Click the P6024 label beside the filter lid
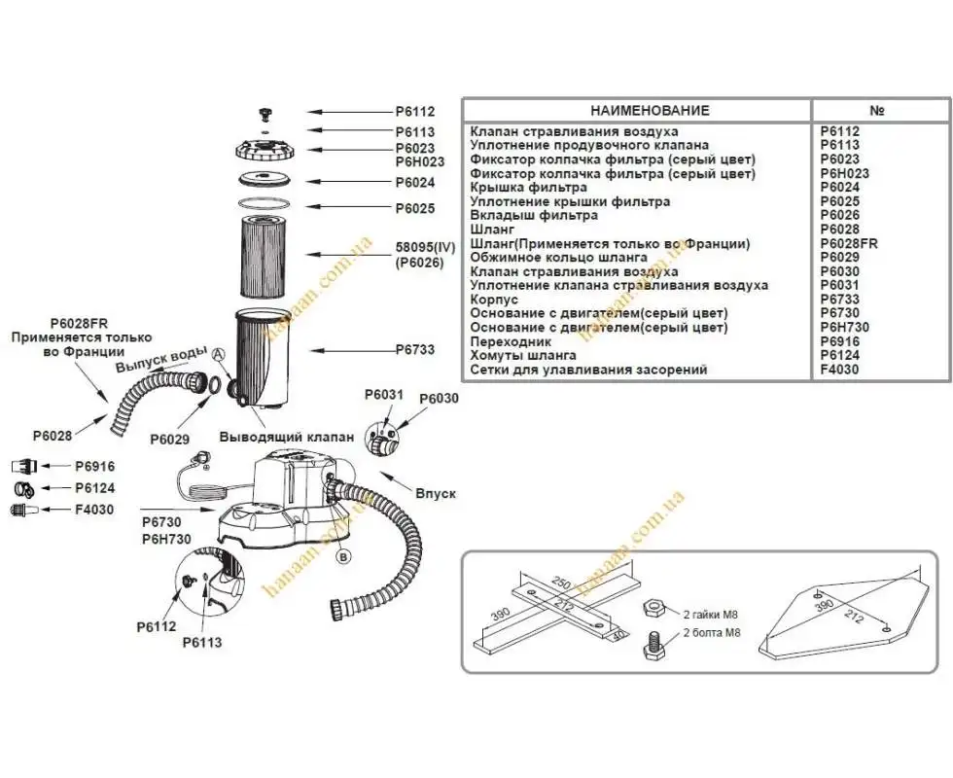pyautogui.click(x=414, y=182)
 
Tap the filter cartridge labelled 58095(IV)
pyautogui.click(x=265, y=254)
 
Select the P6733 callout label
pyautogui.click(x=414, y=350)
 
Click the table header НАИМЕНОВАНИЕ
pyautogui.click(x=636, y=111)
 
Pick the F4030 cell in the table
pyautogui.click(x=840, y=370)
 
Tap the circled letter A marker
pyautogui.click(x=219, y=355)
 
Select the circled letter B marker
pyautogui.click(x=342, y=556)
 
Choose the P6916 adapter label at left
pyautogui.click(x=94, y=467)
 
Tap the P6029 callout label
pyautogui.click(x=169, y=440)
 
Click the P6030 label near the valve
pyautogui.click(x=438, y=399)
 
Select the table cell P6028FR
pyautogui.click(x=849, y=244)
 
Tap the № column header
pyautogui.click(x=877, y=111)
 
